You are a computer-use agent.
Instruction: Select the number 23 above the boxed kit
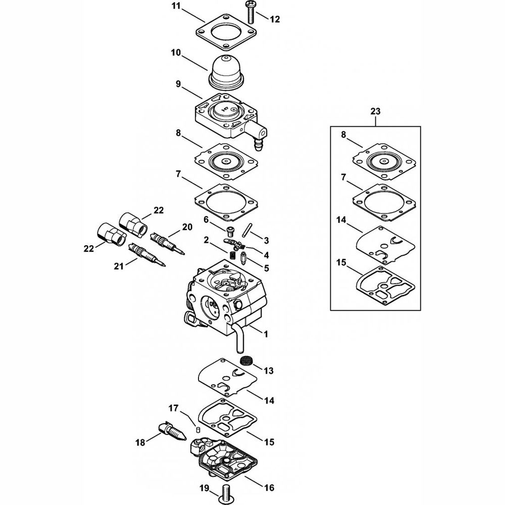(375, 111)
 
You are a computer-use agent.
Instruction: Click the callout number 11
(161, 6)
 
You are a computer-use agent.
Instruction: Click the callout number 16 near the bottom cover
(269, 488)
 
